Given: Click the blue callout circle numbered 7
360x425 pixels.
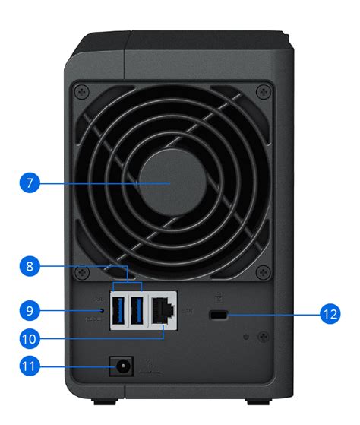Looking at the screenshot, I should tap(29, 184).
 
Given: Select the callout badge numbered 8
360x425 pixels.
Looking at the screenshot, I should tap(29, 267).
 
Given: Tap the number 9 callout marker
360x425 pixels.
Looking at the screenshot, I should tap(29, 311).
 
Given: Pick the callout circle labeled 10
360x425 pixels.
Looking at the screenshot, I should tap(29, 338).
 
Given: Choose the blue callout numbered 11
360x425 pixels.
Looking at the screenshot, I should tap(29, 367).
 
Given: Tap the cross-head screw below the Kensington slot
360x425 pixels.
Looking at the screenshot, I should tap(262, 336).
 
